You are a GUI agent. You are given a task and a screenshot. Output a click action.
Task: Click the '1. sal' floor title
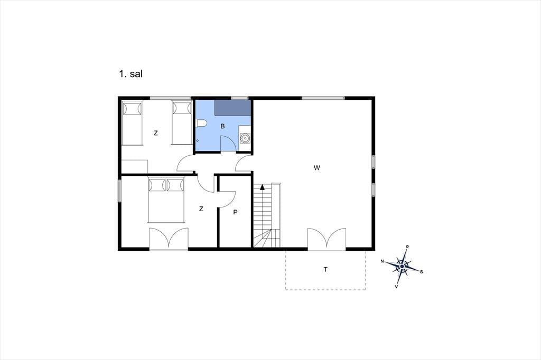[x=130, y=74]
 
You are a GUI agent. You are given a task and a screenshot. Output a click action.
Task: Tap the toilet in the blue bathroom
[x=201, y=123]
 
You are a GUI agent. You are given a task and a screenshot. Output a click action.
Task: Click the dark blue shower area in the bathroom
[x=232, y=108]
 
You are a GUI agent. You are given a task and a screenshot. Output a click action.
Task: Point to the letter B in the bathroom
[x=222, y=127]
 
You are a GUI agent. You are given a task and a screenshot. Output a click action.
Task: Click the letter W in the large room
[x=317, y=168]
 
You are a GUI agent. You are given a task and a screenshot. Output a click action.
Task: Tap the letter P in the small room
[x=235, y=212]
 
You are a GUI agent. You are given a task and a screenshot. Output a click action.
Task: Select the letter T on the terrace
[x=325, y=270]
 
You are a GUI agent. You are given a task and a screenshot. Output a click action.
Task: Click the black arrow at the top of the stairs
[x=262, y=187]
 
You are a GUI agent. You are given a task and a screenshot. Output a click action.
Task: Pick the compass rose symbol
[x=402, y=266]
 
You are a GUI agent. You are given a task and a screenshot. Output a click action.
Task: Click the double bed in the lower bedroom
[x=166, y=200]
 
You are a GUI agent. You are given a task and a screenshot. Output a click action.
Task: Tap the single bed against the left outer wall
[x=132, y=123]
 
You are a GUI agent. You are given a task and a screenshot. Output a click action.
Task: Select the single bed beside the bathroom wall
[x=182, y=122]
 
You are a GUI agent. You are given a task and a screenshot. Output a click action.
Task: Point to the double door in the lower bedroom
[x=169, y=239]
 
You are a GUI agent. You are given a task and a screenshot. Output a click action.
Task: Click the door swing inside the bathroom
[x=228, y=143]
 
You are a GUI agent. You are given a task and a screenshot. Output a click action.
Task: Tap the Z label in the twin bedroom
[x=156, y=133]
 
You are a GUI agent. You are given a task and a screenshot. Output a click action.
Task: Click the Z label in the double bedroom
[x=201, y=209]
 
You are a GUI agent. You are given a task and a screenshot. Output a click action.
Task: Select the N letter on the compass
[x=383, y=261]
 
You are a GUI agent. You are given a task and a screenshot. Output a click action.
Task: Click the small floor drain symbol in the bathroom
[x=198, y=141]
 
